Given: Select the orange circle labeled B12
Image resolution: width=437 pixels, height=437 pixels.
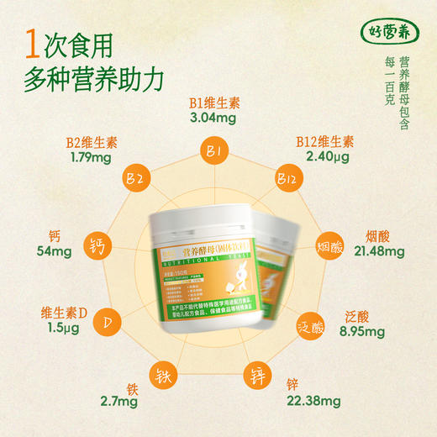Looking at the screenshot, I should click(x=286, y=179).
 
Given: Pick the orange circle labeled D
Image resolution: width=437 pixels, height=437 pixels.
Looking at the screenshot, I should click(x=106, y=323).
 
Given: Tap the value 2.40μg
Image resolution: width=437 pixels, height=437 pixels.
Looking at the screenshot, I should click(x=328, y=156).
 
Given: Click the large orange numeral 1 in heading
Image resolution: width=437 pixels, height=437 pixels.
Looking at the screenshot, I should click(x=33, y=42).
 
